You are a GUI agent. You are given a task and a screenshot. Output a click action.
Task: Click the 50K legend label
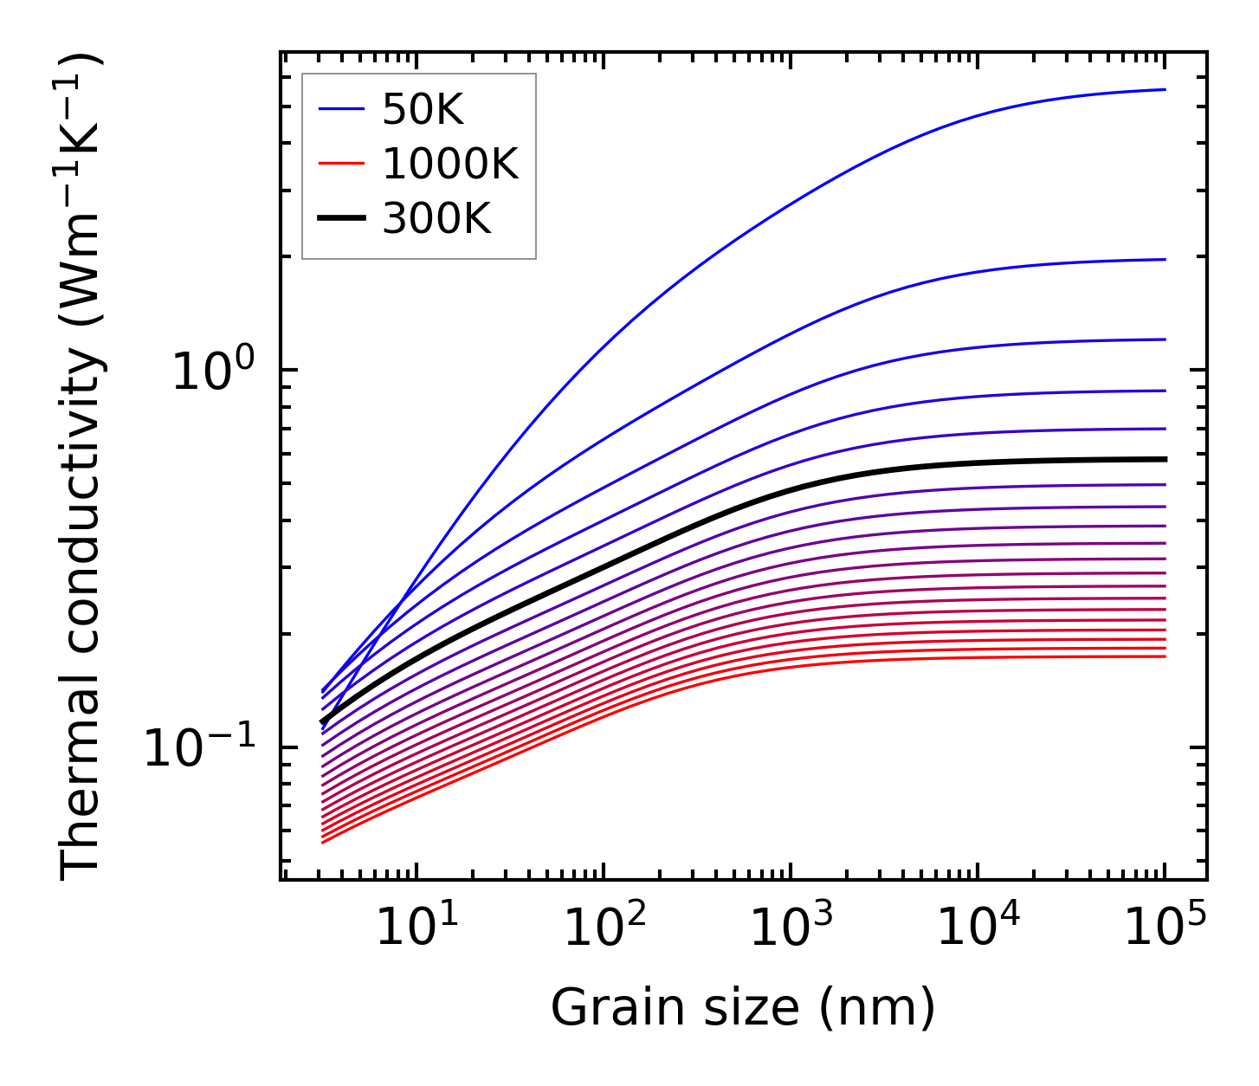(423, 110)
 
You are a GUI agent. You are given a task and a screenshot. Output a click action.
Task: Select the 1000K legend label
(450, 165)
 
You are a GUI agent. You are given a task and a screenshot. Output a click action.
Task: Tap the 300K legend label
(436, 219)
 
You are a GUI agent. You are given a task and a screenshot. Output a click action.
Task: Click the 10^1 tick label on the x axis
(410, 928)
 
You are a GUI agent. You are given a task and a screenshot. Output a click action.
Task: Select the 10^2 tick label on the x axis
(597, 928)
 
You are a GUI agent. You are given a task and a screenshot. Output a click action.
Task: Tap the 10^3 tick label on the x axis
(784, 928)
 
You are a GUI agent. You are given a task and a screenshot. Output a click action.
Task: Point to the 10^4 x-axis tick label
(972, 928)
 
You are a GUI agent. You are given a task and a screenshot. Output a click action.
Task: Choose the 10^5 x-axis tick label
(1159, 928)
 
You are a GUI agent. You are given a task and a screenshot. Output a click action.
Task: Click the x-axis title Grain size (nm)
(743, 1008)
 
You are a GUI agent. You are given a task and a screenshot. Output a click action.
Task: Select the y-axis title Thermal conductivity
(82, 468)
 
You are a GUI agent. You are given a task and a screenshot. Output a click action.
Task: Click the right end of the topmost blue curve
(1165, 89)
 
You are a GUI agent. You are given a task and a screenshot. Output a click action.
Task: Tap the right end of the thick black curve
(1165, 459)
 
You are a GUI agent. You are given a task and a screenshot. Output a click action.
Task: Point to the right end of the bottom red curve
(1165, 656)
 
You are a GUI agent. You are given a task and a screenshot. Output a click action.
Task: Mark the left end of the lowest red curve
(323, 843)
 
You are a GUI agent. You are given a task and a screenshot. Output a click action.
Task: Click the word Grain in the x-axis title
(598, 1008)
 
